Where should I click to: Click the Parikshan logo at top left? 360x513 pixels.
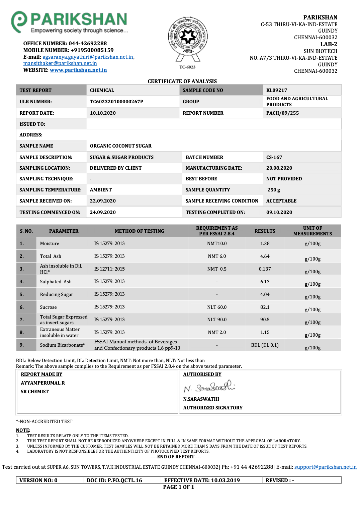69,22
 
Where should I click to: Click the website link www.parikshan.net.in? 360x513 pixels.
78,70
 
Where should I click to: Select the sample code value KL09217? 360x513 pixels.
276,90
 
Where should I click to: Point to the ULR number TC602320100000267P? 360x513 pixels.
116,102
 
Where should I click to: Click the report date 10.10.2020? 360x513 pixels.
103,113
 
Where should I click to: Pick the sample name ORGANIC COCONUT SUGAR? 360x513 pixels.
120,146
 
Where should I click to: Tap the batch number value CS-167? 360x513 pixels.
274,157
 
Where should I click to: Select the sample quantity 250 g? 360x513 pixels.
274,190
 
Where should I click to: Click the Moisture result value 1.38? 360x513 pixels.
265,243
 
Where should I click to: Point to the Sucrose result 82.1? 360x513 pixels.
265,307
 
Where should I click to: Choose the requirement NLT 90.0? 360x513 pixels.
217,320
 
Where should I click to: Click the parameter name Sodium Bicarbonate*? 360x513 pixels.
63,345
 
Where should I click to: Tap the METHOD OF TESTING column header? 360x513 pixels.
139,231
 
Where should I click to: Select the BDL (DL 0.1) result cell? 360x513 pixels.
265,345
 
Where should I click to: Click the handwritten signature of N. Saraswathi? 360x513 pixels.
209,387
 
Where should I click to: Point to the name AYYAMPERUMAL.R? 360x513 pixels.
43,383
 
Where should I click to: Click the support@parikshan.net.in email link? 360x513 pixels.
325,467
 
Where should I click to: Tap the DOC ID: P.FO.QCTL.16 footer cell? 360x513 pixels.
114,480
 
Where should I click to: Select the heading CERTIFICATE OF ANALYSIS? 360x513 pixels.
182,81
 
